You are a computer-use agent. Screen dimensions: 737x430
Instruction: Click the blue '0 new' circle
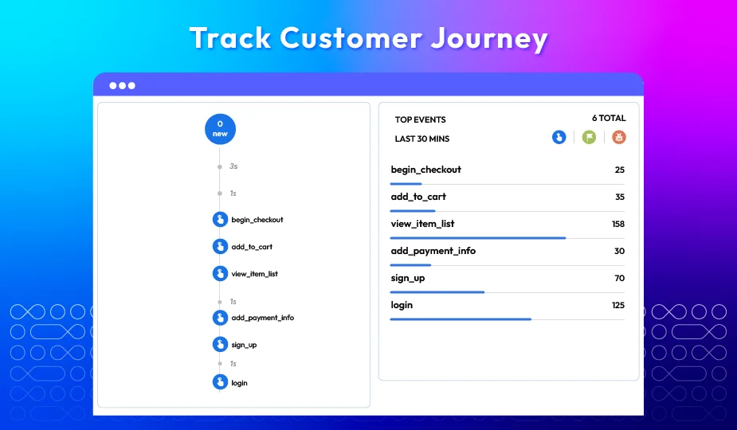click(x=220, y=129)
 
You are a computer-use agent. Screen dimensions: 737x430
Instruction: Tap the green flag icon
click(x=589, y=137)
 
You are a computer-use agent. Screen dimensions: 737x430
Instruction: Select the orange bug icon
click(x=619, y=137)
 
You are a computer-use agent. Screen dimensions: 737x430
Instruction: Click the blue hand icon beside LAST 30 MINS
click(x=559, y=137)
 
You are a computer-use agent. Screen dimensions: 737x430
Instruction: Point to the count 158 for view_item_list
click(x=618, y=225)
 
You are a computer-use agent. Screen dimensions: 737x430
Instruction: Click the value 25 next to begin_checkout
click(x=620, y=170)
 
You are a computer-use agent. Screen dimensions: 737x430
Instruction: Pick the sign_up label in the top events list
click(x=407, y=278)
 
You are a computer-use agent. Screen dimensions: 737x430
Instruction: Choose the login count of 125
click(x=618, y=306)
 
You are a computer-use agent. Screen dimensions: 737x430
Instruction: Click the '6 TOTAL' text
click(x=609, y=118)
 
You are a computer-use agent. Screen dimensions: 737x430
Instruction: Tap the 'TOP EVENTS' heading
click(x=420, y=119)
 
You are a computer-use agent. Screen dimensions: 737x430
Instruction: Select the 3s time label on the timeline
click(x=233, y=166)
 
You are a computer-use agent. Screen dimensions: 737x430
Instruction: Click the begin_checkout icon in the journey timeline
click(x=220, y=220)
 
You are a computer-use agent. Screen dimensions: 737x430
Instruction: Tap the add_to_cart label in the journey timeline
click(x=252, y=247)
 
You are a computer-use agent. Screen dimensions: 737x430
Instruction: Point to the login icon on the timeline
click(x=220, y=382)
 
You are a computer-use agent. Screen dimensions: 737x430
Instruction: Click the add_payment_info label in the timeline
click(x=263, y=318)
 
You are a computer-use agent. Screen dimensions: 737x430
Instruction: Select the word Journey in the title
click(x=489, y=38)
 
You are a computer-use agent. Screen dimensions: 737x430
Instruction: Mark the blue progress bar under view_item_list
click(x=478, y=238)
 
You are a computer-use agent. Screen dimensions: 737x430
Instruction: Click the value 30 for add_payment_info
click(x=620, y=251)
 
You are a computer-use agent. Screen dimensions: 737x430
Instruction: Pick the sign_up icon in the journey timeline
click(x=220, y=344)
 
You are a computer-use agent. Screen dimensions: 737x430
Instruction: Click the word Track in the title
click(x=230, y=37)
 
